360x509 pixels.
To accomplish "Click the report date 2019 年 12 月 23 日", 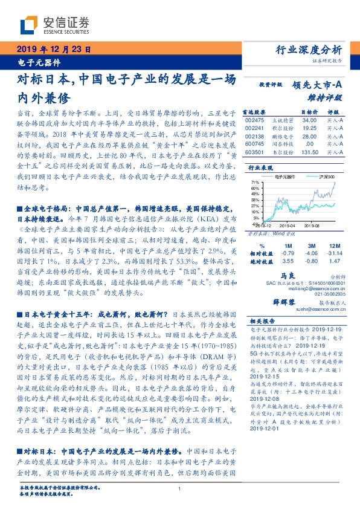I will click(53, 49).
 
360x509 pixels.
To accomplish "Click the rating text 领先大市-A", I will click(317, 86).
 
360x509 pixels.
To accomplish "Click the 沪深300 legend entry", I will click(327, 177).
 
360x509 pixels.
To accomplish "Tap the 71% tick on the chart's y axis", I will click(256, 181).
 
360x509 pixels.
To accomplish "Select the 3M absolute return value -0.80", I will click(312, 262).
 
